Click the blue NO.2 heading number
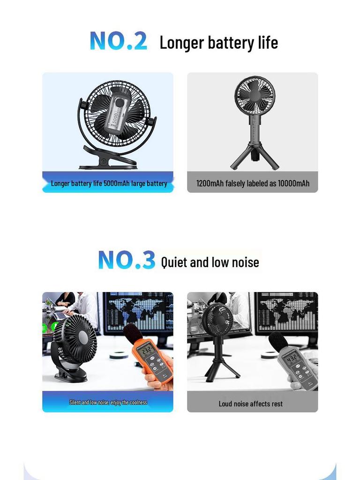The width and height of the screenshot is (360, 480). click(118, 41)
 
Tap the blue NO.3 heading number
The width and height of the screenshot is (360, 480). click(127, 260)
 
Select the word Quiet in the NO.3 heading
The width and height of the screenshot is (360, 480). click(174, 262)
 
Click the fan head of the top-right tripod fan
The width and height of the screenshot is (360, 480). click(255, 96)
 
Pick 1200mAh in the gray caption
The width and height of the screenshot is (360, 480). click(210, 183)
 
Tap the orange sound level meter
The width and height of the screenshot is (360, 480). click(152, 361)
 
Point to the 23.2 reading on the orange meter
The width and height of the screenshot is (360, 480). click(147, 350)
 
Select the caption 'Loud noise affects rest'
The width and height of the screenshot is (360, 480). click(251, 404)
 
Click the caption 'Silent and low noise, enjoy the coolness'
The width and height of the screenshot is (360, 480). click(108, 402)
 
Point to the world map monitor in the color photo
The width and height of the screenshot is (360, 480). click(138, 311)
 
